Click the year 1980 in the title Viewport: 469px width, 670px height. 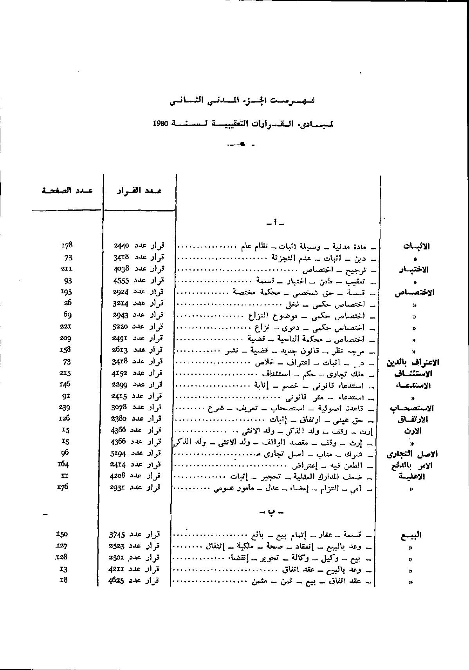point(161,123)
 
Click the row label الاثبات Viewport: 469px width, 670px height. point(416,246)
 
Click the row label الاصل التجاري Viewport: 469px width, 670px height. point(412,454)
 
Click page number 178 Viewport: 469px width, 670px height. point(67,246)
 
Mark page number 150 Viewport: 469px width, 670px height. point(62,534)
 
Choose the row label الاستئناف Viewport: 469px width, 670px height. point(414,374)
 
